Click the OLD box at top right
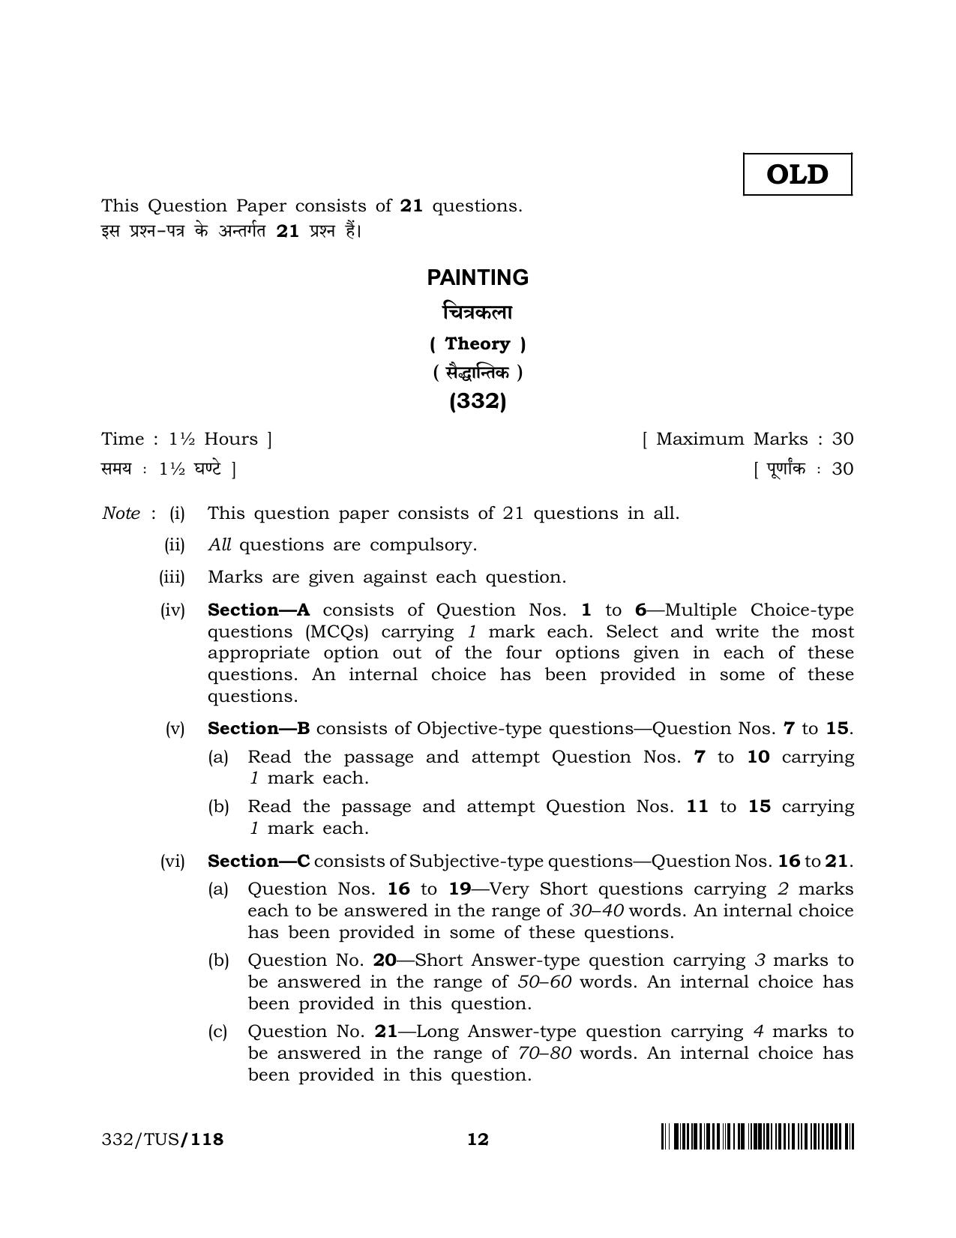(x=797, y=175)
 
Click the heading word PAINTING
(x=478, y=278)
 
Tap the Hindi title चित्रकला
(x=478, y=311)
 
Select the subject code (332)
(x=478, y=402)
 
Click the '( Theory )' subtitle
(x=478, y=344)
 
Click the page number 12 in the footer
(x=478, y=1140)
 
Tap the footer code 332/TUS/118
(x=163, y=1140)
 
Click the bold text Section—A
(x=259, y=610)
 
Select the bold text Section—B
(x=259, y=729)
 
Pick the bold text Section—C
(x=259, y=862)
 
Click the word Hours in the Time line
(x=231, y=439)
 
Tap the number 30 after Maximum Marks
(x=843, y=439)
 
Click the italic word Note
(x=121, y=514)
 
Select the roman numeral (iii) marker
(x=172, y=577)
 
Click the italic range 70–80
(x=544, y=1054)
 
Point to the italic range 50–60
(x=544, y=982)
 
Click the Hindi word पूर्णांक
(x=785, y=469)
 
